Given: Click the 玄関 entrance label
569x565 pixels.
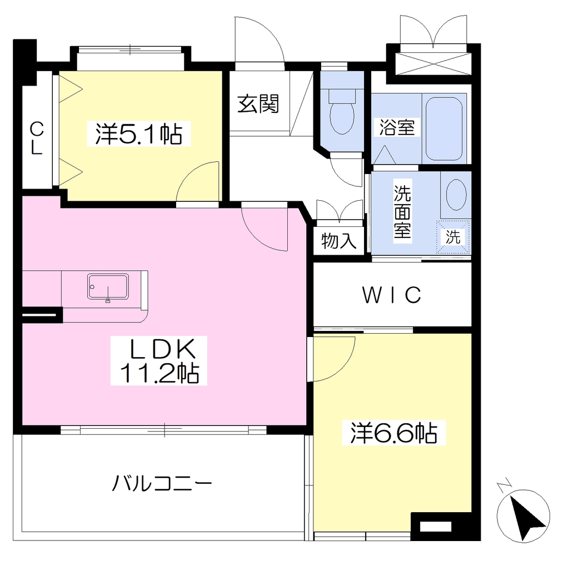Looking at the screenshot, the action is (x=258, y=104).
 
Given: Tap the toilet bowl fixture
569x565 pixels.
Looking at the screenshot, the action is (x=342, y=111).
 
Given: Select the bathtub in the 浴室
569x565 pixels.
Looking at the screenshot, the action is (x=444, y=128).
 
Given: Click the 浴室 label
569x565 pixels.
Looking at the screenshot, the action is (x=397, y=127).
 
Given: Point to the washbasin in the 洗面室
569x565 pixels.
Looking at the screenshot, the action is (x=456, y=195).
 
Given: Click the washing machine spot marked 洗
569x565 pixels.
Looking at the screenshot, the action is (x=453, y=237).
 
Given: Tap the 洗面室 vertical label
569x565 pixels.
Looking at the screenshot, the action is (x=402, y=211).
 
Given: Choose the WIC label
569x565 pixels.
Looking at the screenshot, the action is (x=392, y=295).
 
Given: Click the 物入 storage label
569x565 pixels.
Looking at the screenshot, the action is (x=339, y=240).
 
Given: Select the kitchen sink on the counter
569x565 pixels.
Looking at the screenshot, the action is (x=108, y=286).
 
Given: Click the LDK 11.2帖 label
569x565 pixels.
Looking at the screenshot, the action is (x=159, y=360).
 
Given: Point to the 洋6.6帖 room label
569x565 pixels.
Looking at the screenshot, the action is (x=394, y=433).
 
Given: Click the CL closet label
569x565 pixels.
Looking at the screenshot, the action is (x=36, y=138).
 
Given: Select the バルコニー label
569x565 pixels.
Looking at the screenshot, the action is (x=162, y=483).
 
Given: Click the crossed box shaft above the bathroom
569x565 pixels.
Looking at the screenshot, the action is (x=433, y=63).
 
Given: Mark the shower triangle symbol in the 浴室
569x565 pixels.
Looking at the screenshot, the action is (x=385, y=155).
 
